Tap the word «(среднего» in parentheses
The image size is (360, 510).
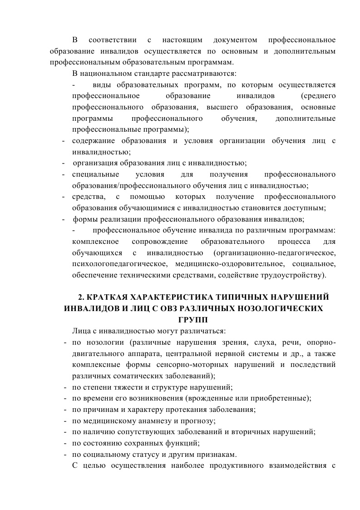(x=318, y=96)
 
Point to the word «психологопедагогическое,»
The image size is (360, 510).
(x=114, y=264)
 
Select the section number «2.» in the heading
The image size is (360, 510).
(x=81, y=297)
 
